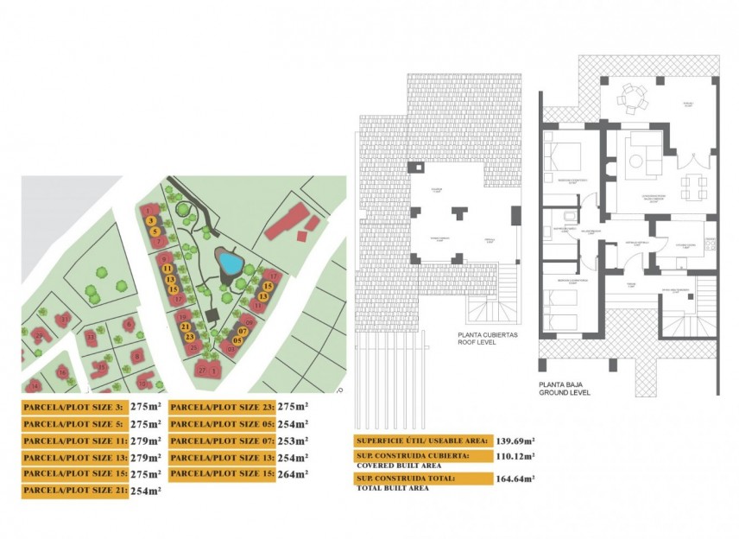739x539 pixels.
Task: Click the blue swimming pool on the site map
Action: (x=229, y=261)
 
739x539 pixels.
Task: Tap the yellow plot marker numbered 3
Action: (x=151, y=221)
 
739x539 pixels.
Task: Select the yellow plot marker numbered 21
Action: (x=186, y=327)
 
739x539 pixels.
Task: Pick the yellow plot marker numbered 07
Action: (x=243, y=331)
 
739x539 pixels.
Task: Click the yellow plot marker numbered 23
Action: (x=189, y=337)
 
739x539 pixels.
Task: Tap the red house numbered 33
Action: (x=92, y=336)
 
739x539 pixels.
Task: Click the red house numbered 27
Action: (x=203, y=370)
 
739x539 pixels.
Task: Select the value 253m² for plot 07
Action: (x=294, y=441)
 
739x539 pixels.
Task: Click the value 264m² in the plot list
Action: (x=294, y=473)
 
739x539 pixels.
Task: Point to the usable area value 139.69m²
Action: (x=516, y=441)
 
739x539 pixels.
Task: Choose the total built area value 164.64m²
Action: (x=516, y=477)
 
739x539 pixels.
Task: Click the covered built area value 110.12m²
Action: (x=516, y=456)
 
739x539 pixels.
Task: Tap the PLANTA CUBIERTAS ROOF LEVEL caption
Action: (x=488, y=338)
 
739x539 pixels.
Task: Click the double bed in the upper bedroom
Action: (x=560, y=158)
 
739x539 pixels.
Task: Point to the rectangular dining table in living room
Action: (x=691, y=187)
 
